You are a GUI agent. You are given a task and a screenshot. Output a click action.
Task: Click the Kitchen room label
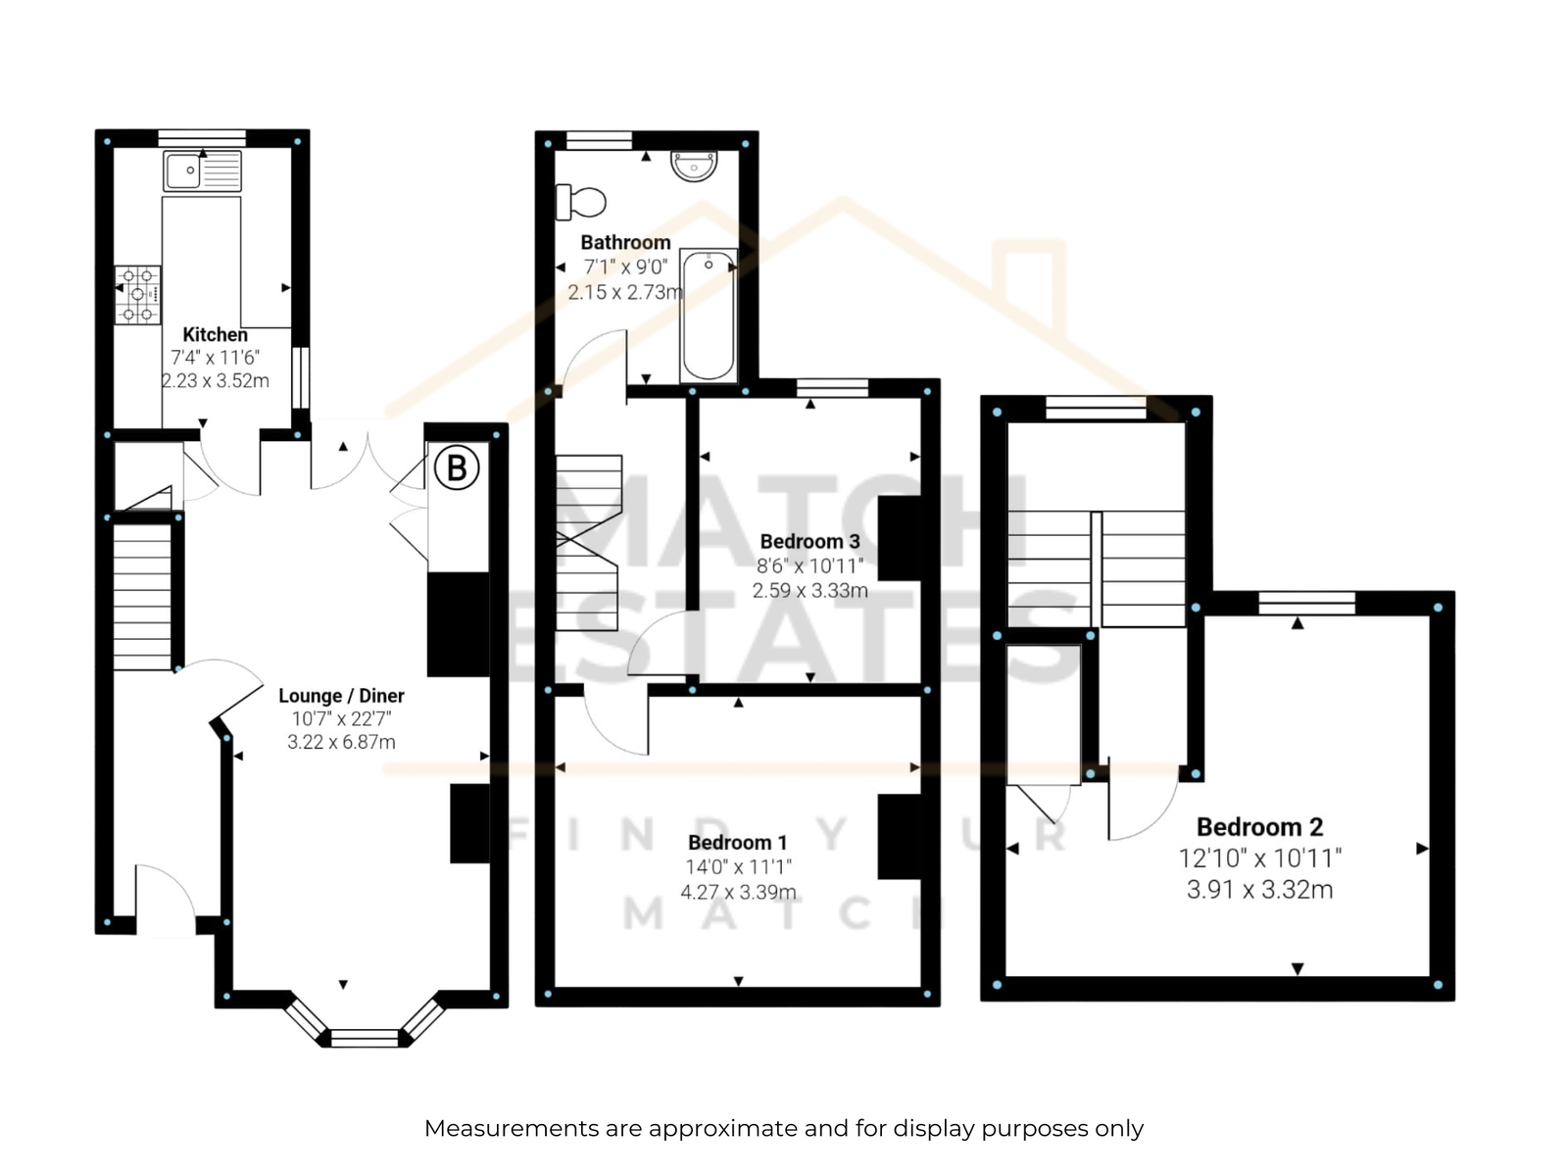(215, 334)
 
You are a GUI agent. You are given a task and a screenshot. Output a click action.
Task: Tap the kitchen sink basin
(183, 171)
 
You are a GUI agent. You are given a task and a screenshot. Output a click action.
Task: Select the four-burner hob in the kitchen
(138, 294)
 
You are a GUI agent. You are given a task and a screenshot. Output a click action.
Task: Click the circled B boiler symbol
(457, 467)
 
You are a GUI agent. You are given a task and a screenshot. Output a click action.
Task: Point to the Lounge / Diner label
(341, 696)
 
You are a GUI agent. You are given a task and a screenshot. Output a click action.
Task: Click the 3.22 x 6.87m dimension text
(341, 742)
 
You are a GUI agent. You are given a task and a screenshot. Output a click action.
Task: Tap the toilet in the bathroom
(581, 202)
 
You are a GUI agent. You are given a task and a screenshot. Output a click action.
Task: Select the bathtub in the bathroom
(708, 315)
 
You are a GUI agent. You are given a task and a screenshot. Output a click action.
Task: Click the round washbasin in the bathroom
(694, 167)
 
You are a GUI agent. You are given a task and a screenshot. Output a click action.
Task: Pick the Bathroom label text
(626, 243)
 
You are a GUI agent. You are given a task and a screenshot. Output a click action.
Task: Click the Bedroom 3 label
(810, 541)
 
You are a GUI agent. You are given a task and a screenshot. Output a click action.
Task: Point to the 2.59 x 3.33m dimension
(810, 591)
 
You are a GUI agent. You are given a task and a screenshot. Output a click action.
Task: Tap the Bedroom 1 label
(738, 843)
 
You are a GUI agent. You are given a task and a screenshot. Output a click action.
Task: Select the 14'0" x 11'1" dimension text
(738, 867)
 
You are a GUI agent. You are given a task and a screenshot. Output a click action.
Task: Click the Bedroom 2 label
(1260, 827)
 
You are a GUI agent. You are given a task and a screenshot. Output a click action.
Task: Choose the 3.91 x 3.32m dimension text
(1260, 890)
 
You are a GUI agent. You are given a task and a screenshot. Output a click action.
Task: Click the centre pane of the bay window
(365, 1038)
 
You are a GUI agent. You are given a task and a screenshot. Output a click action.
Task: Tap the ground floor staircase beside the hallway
(142, 597)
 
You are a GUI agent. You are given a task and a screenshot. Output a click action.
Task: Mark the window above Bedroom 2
(1306, 603)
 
